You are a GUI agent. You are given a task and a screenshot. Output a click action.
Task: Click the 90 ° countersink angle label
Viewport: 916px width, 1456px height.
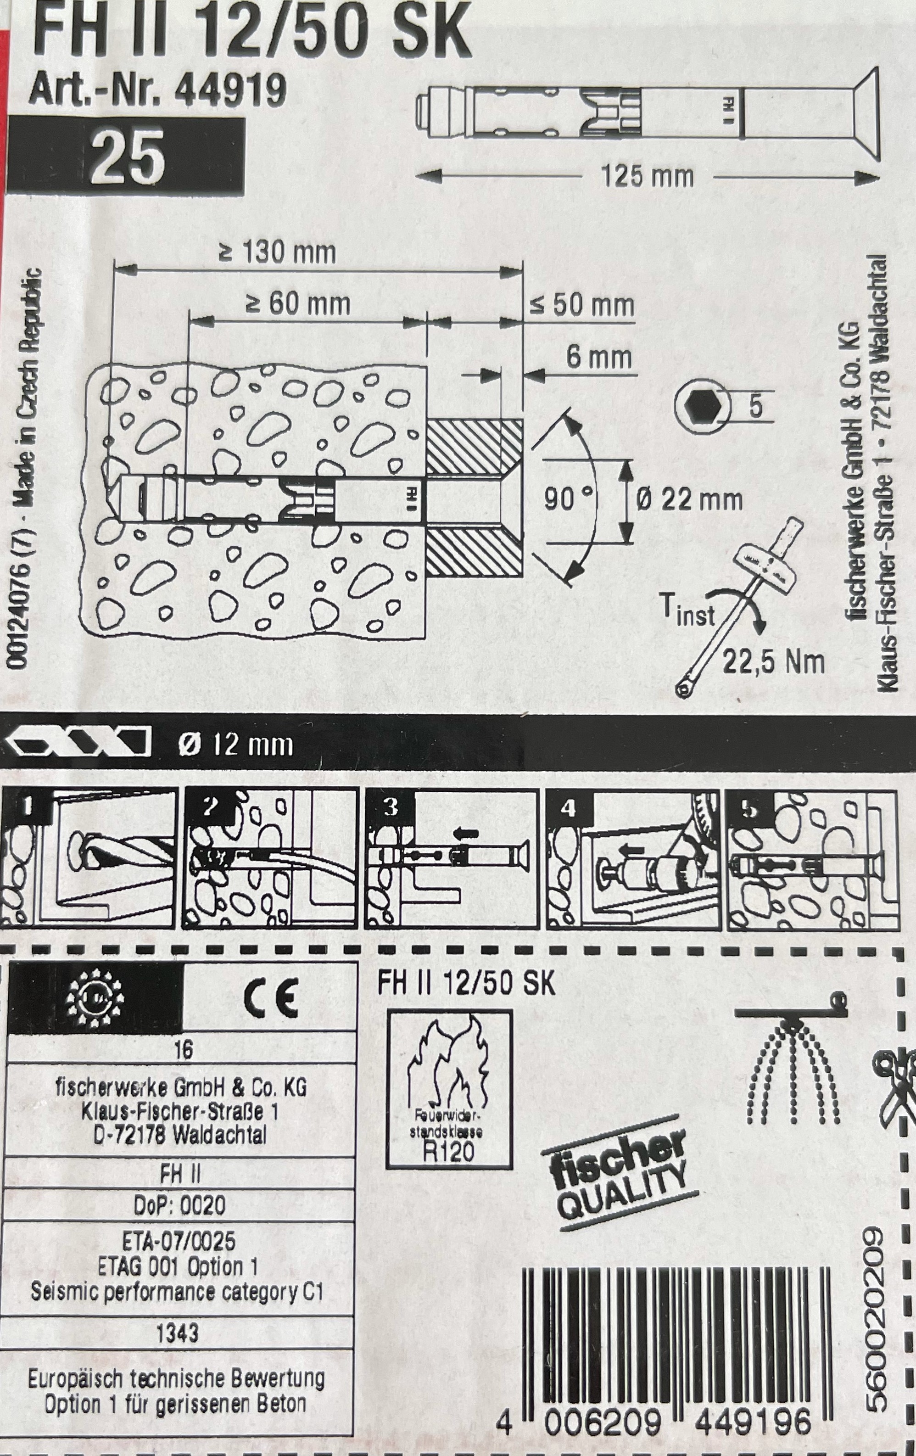[568, 499]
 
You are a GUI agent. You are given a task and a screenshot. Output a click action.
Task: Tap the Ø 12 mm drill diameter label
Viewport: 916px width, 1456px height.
[235, 745]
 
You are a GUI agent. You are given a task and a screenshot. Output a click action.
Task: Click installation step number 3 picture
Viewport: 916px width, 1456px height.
[451, 859]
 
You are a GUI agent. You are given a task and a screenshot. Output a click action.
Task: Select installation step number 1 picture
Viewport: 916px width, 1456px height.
[88, 859]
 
